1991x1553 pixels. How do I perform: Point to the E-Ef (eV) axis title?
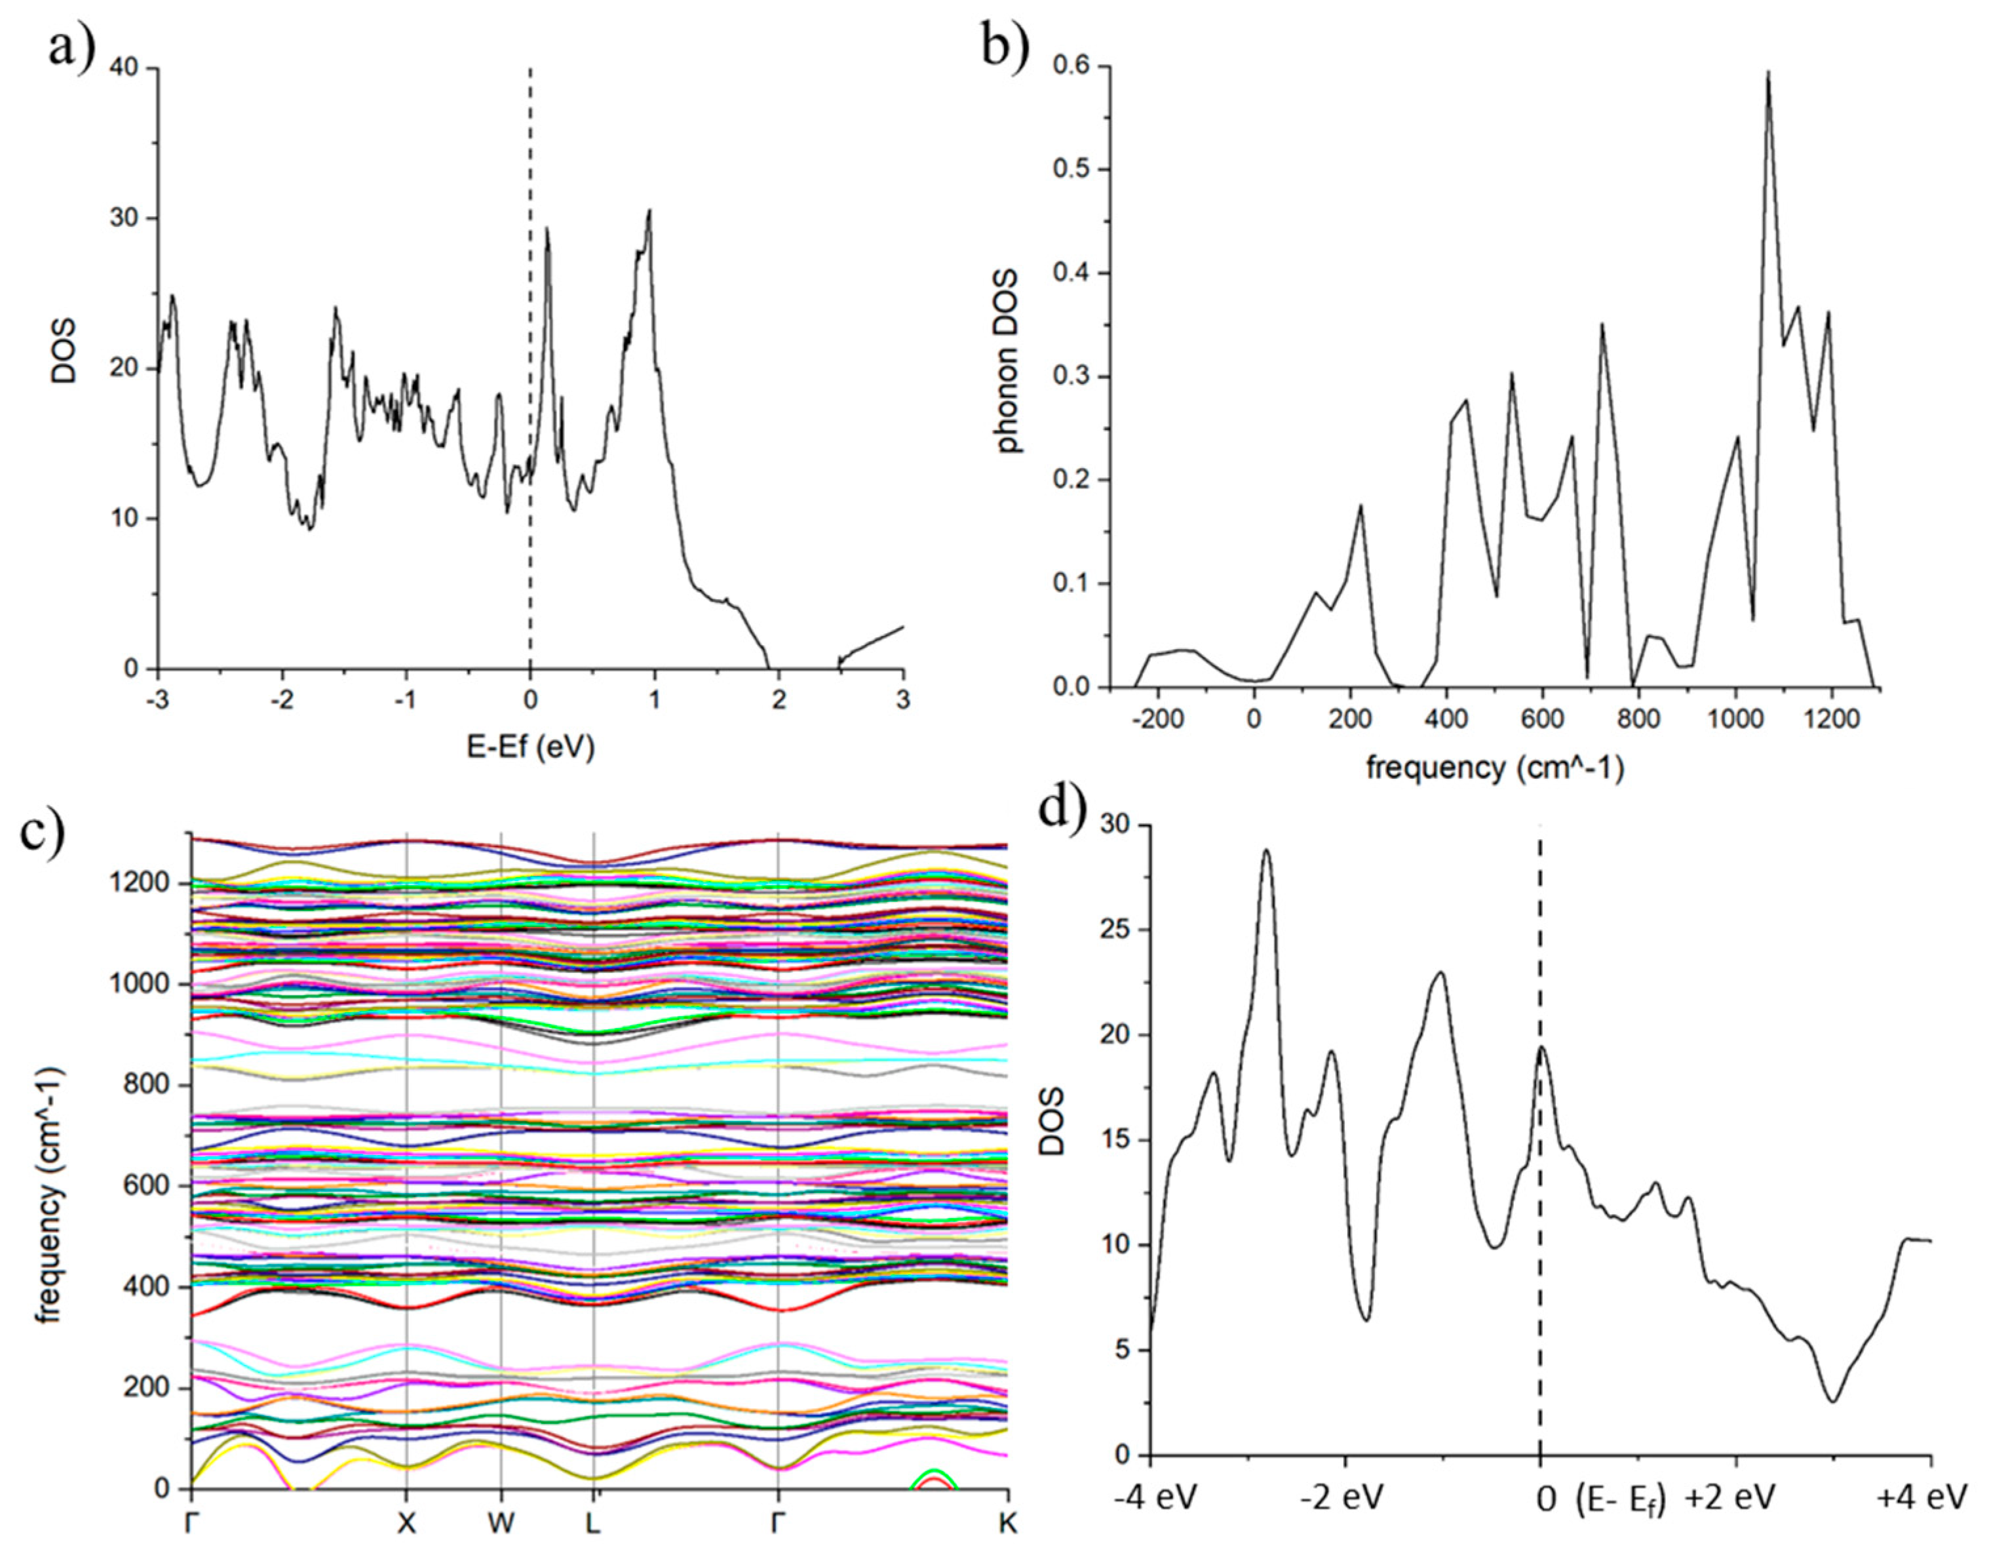pyautogui.click(x=531, y=748)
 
